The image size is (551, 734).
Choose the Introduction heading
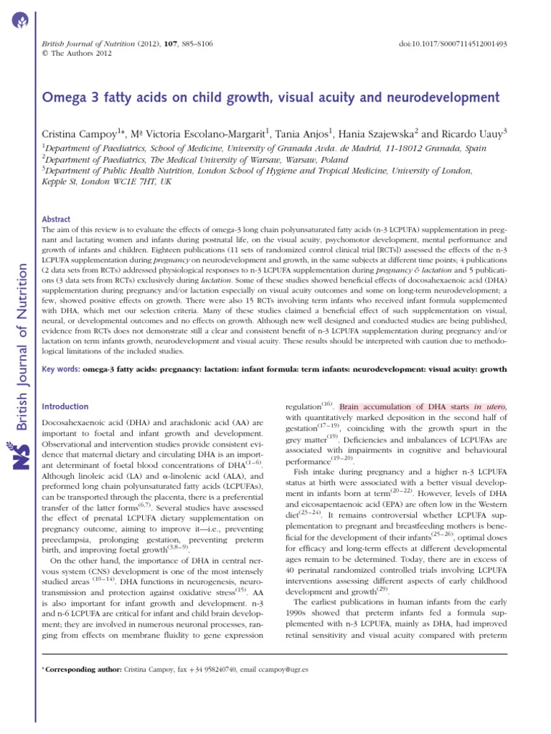coord(66,406)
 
